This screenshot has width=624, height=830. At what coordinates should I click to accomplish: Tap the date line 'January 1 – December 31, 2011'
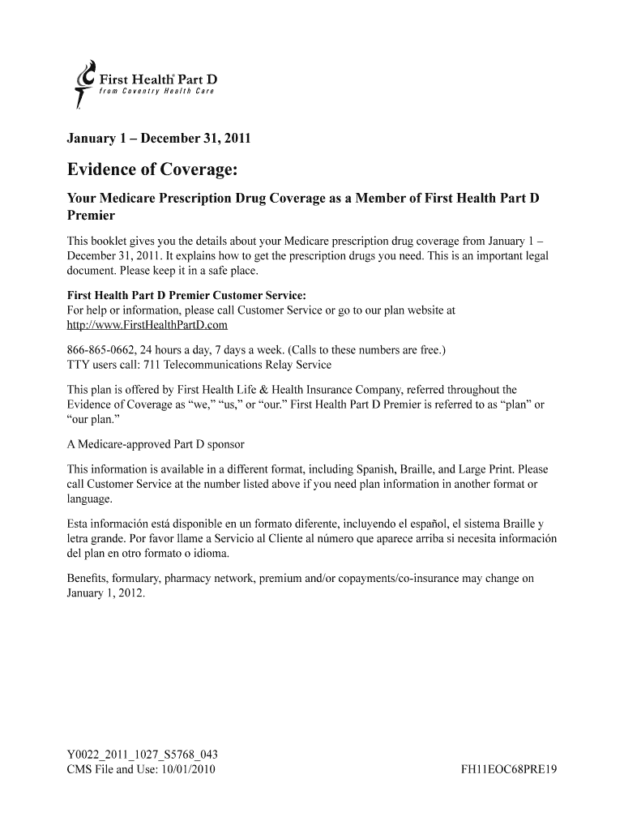(158, 139)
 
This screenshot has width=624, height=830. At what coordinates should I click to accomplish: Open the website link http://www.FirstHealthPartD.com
(147, 325)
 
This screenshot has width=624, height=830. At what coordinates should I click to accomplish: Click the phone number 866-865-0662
(101, 350)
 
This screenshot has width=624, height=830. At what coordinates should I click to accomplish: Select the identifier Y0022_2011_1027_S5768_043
(142, 754)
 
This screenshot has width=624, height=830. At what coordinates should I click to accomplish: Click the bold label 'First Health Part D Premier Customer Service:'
(186, 295)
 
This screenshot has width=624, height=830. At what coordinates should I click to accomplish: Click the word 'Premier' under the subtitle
(91, 216)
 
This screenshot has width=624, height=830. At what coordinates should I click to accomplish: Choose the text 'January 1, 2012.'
(105, 593)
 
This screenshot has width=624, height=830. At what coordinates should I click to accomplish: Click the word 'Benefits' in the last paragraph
(88, 579)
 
